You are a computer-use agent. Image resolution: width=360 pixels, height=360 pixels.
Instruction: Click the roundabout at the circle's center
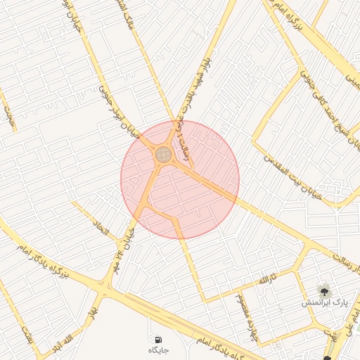164,154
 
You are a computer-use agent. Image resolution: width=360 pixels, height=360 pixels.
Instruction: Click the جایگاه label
157,349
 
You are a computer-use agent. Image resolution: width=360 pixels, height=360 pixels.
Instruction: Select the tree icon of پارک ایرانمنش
324,289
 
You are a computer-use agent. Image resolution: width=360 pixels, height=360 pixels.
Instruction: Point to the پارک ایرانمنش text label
325,302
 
